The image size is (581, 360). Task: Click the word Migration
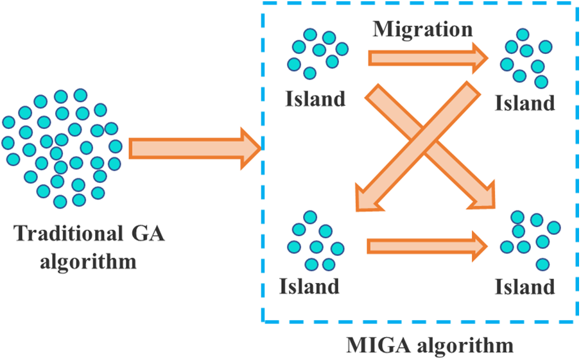424,29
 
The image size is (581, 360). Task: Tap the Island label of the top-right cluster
524,103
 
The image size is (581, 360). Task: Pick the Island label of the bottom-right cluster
524,286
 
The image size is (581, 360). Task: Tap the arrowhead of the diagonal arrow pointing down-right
483,196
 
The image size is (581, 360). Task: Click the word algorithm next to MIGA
464,346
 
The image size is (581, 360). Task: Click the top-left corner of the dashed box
263,3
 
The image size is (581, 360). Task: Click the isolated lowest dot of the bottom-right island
542,263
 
